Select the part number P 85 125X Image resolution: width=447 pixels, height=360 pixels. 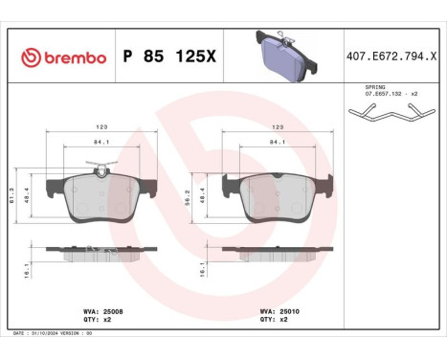(170, 58)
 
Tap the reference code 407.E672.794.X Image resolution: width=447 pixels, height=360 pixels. (394, 58)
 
